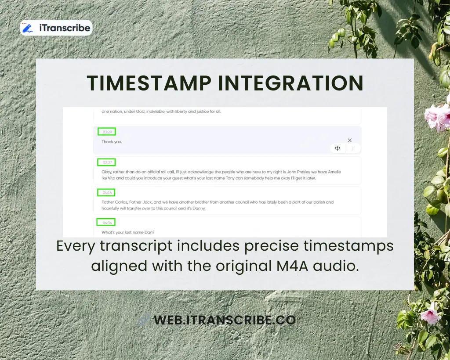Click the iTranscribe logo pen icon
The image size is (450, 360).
(x=28, y=28)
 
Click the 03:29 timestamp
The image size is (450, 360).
(x=106, y=132)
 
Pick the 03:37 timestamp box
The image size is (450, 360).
(x=106, y=162)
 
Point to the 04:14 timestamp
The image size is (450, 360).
(x=106, y=192)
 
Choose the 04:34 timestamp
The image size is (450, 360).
(x=106, y=222)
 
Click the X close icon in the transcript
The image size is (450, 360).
(x=350, y=140)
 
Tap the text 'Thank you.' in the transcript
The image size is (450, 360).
(x=112, y=142)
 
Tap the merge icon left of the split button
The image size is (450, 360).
(x=337, y=148)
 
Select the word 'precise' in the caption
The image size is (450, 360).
(x=276, y=246)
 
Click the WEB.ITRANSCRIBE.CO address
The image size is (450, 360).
(x=224, y=320)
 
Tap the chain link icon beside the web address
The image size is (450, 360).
(x=143, y=320)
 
